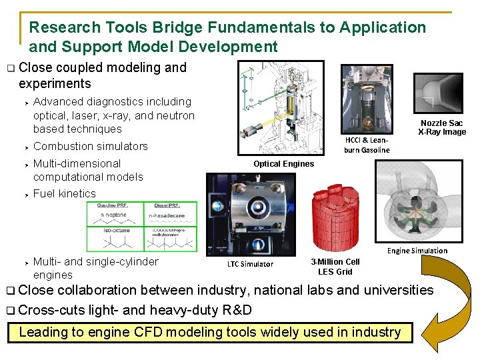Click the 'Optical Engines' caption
coord(283,164)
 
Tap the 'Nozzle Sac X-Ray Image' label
coord(442,127)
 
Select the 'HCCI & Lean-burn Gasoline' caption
coord(367,145)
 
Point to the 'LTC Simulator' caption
coord(250,264)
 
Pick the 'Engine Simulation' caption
coord(417,251)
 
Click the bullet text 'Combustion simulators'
coord(91,146)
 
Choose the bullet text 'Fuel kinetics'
coord(65,193)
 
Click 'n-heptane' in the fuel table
coord(113,215)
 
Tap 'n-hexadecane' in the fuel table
coord(167,215)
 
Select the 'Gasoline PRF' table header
coord(113,206)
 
